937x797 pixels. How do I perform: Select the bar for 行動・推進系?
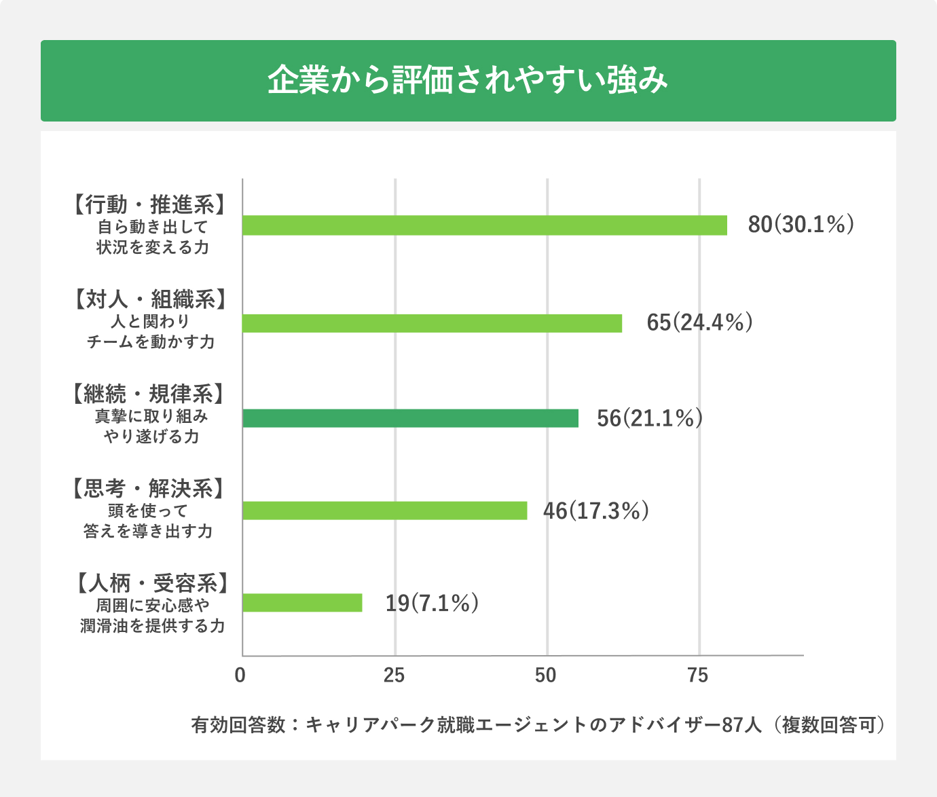point(484,225)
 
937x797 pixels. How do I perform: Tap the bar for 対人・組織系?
point(432,323)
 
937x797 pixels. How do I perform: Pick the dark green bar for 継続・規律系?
point(410,418)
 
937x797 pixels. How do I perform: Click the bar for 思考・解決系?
point(384,511)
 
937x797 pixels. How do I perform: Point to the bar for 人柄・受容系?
point(302,603)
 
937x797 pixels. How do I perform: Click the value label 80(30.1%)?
point(800,225)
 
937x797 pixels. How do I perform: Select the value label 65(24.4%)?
point(699,322)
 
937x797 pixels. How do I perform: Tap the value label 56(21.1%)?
point(649,418)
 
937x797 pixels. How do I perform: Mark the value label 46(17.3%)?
point(595,511)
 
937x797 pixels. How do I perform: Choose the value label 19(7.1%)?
point(432,603)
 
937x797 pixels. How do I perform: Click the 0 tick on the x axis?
point(240,675)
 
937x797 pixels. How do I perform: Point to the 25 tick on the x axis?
point(394,675)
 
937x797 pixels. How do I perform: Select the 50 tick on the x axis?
point(546,675)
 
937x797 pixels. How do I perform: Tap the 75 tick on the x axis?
point(698,675)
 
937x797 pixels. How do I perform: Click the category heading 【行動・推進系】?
point(149,204)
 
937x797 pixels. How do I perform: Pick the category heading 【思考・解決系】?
point(148,489)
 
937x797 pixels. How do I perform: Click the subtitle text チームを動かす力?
point(151,342)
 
